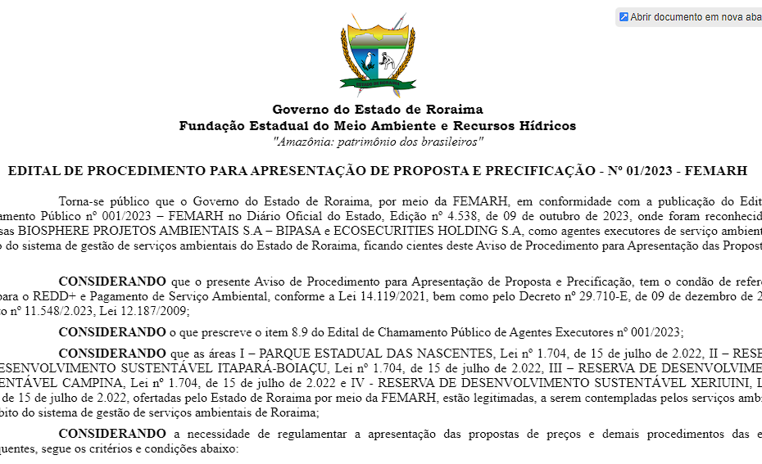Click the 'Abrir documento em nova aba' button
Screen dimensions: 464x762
coord(690,17)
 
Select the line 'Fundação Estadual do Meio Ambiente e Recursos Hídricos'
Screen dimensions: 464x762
coord(377,126)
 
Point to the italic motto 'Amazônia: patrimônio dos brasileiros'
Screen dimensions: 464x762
coord(377,142)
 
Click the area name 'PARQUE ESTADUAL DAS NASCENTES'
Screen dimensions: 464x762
coord(346,353)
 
